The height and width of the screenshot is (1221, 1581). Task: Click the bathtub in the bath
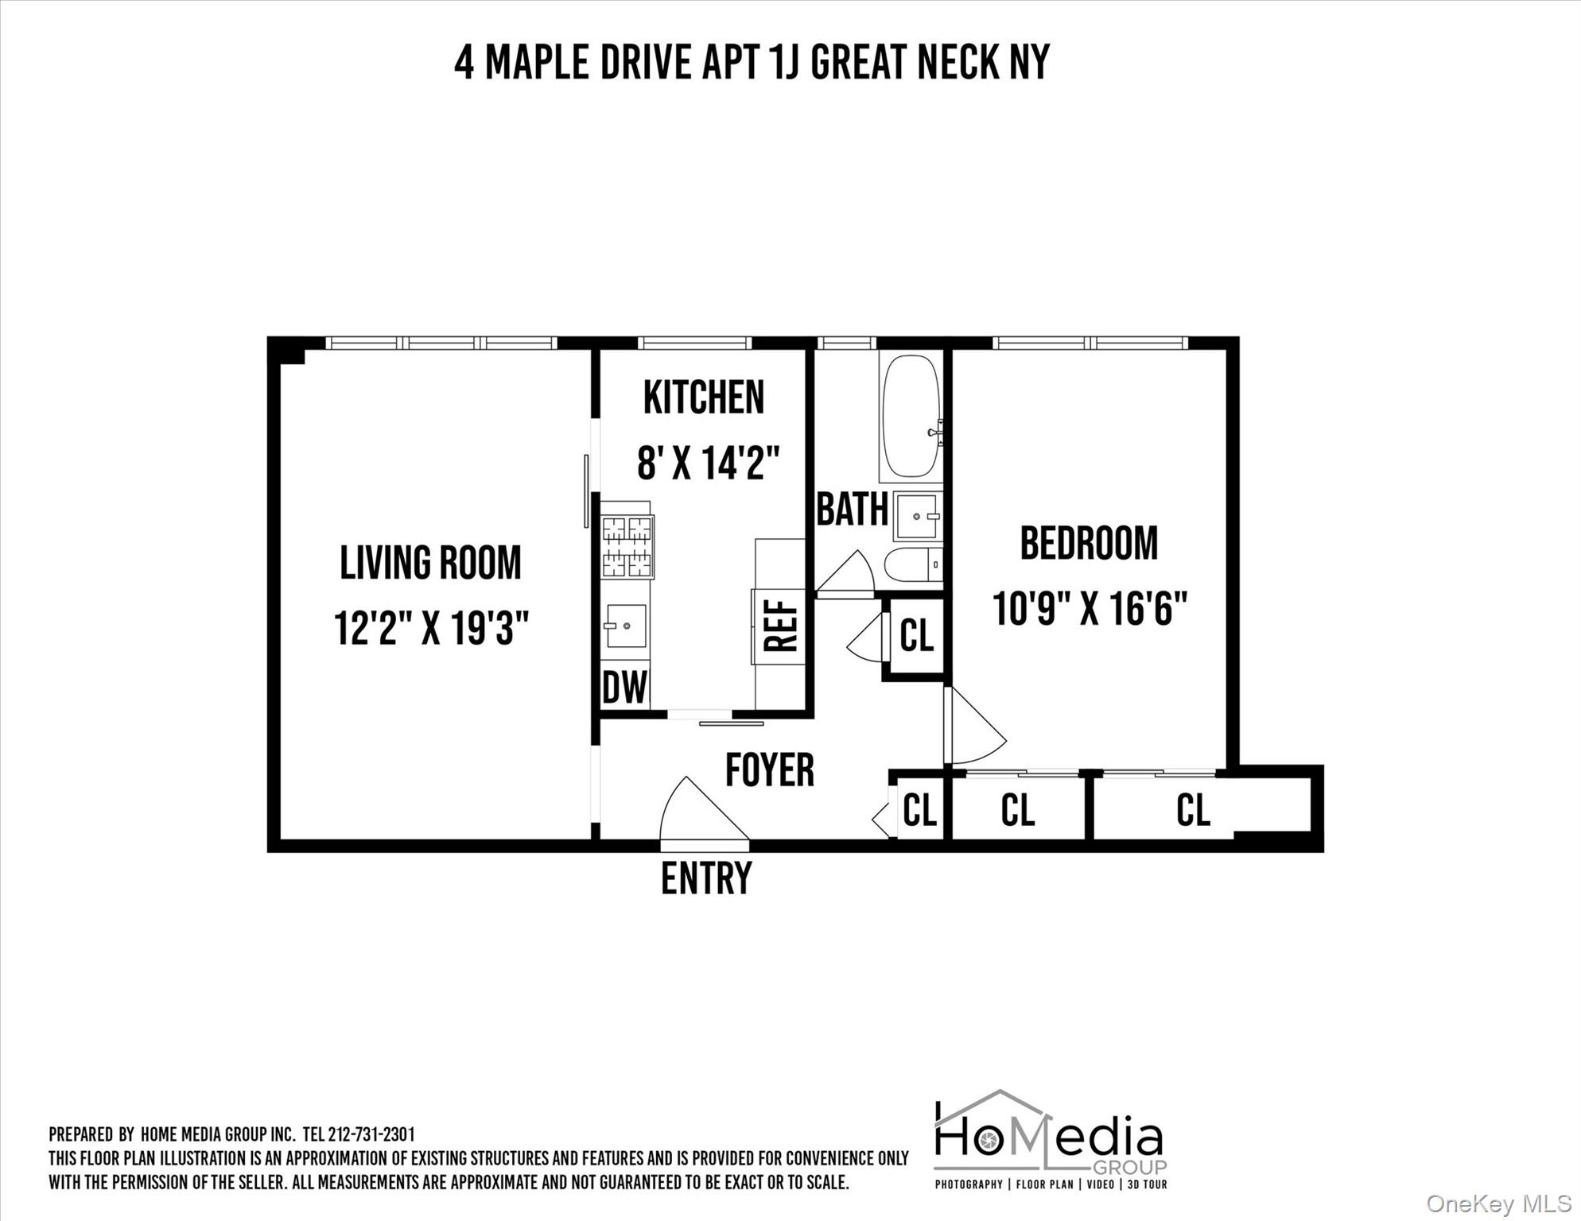911,417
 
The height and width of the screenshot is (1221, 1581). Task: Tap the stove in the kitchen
627,546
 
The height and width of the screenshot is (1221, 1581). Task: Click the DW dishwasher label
624,688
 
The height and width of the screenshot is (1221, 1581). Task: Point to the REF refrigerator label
780,626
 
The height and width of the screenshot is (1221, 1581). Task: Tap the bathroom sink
918,517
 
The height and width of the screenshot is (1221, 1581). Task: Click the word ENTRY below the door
706,878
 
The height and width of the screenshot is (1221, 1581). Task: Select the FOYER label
770,769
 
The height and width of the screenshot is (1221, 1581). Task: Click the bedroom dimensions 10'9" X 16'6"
1090,610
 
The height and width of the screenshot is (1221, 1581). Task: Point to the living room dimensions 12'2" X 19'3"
431,628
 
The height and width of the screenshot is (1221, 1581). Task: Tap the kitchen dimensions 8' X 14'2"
708,463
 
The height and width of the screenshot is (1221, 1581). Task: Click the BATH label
852,510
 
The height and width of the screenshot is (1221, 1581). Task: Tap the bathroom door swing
848,573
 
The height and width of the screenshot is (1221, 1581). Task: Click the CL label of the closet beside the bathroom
916,636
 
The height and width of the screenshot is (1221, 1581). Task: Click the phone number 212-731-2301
371,1134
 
